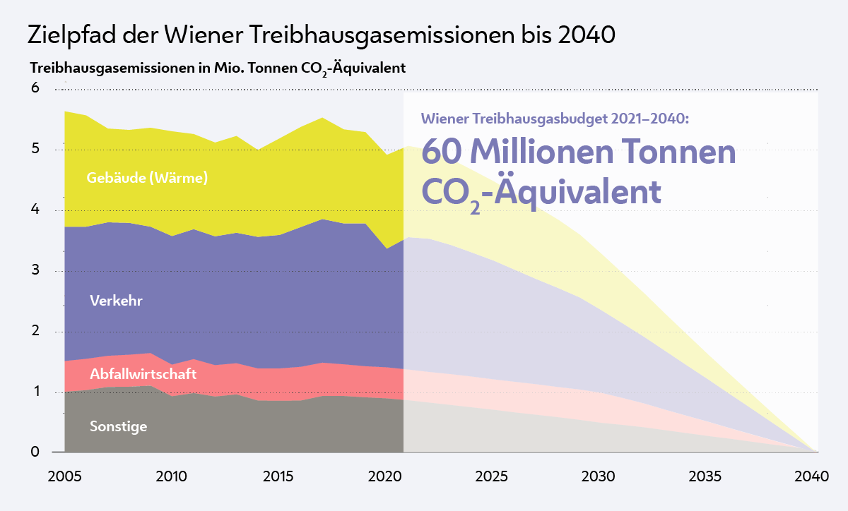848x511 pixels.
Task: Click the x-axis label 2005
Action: tap(64, 476)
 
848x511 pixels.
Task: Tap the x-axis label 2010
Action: tap(171, 476)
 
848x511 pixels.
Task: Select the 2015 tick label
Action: tap(278, 476)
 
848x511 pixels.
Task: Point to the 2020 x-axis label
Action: tap(384, 476)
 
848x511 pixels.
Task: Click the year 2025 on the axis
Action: tap(492, 476)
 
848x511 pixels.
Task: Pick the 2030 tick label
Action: tap(599, 476)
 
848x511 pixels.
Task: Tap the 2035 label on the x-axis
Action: tap(705, 476)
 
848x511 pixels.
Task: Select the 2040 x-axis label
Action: tap(811, 476)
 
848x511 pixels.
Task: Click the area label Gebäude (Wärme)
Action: tap(147, 178)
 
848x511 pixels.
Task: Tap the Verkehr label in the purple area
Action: tap(117, 301)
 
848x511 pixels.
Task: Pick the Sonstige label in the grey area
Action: tap(119, 426)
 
